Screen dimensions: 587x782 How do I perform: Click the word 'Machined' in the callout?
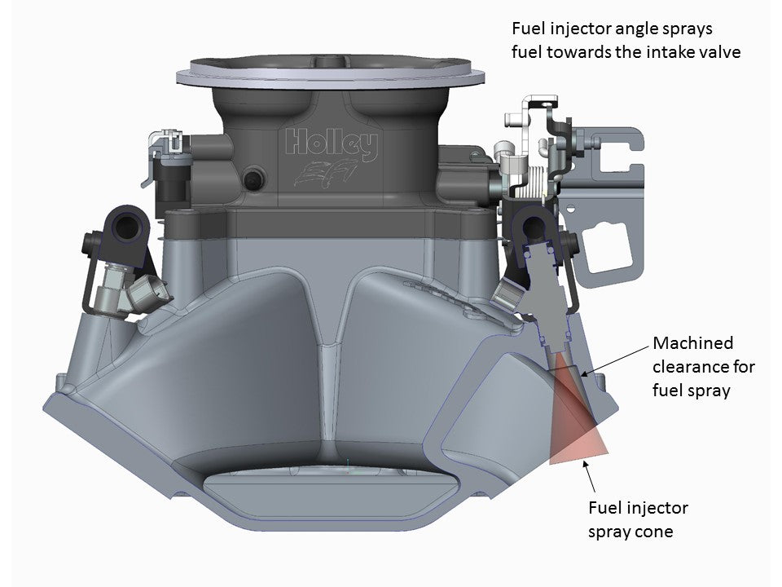(x=692, y=343)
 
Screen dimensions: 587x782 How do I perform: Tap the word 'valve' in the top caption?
(x=714, y=51)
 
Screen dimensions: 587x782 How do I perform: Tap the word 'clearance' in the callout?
(x=689, y=367)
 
